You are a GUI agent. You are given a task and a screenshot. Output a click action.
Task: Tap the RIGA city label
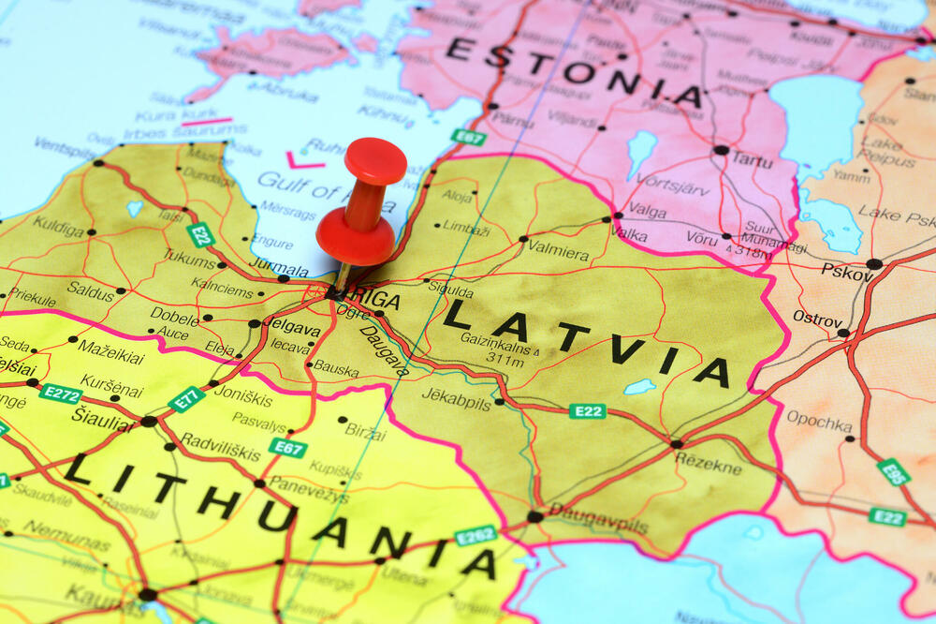(x=378, y=301)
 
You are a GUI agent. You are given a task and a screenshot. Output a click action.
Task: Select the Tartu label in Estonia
(x=752, y=159)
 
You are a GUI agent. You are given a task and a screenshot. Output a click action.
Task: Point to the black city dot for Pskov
(x=873, y=264)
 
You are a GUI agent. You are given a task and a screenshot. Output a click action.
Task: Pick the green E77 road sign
(x=186, y=399)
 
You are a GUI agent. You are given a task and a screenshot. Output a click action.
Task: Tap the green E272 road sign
(x=60, y=394)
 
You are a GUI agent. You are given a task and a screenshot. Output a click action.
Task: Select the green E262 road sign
(x=475, y=535)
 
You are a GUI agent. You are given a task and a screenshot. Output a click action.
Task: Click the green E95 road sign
(x=893, y=471)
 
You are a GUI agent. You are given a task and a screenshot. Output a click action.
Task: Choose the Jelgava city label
(x=292, y=327)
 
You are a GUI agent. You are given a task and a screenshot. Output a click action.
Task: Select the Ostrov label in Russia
(x=817, y=319)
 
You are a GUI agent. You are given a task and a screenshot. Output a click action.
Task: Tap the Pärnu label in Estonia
(x=513, y=120)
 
